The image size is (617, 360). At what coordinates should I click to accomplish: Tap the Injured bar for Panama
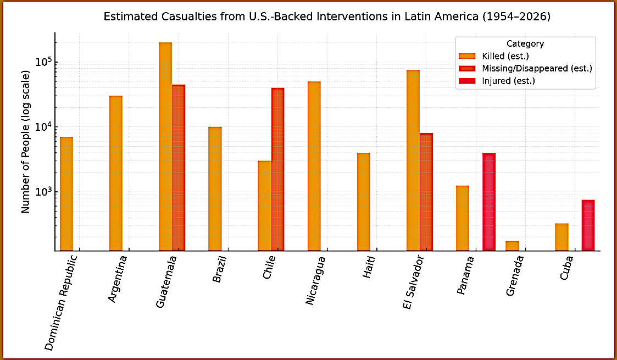coord(489,202)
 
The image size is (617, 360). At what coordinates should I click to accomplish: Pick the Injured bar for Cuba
coord(588,225)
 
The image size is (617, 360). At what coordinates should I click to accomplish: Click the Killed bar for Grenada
coord(512,246)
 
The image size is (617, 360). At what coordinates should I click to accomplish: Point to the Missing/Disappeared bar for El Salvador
coord(426,192)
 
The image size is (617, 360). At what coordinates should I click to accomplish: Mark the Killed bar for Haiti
coord(363,202)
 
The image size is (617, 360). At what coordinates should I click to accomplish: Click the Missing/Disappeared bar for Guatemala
coord(179,168)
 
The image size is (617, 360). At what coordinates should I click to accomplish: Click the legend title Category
coord(525,43)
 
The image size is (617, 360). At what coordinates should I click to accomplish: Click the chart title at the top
coord(327,17)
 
